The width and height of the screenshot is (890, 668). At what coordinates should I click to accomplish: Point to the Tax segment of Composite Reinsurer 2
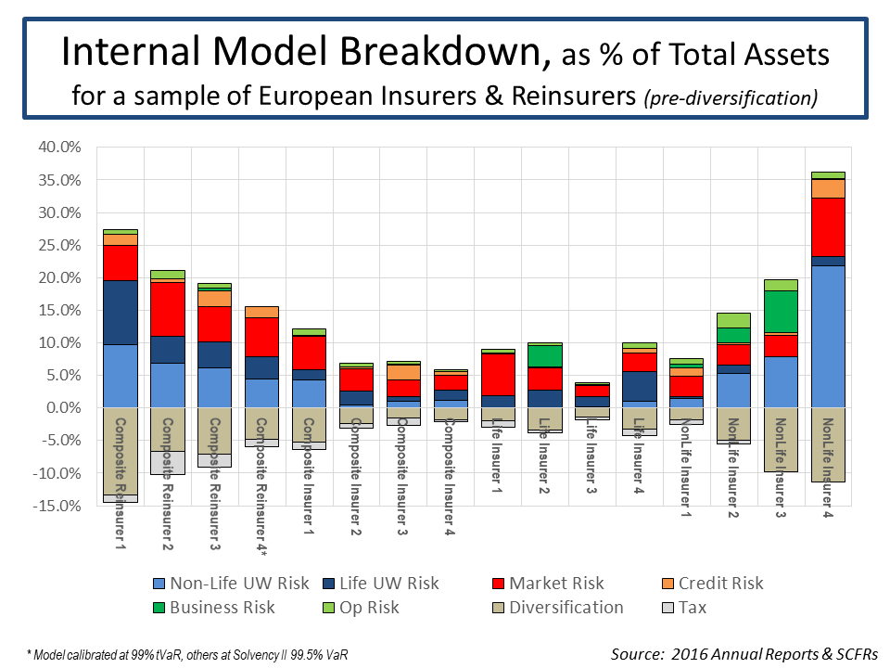pyautogui.click(x=167, y=463)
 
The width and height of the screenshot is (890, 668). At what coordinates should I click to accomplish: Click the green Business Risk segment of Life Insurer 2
pyautogui.click(x=544, y=355)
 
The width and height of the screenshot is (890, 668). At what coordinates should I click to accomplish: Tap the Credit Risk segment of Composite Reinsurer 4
pyautogui.click(x=261, y=312)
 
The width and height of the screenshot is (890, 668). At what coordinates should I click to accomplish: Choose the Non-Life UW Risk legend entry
pyautogui.click(x=226, y=584)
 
